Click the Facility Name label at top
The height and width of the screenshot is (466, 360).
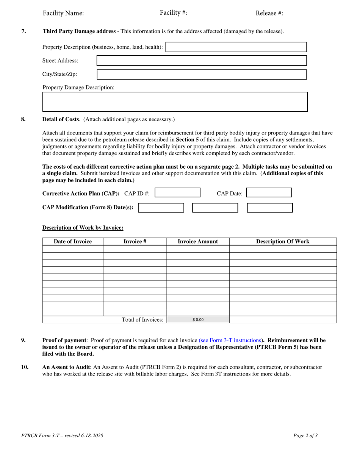click(63, 13)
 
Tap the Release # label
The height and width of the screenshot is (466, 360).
click(269, 13)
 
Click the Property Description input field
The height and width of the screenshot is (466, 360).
click(236, 47)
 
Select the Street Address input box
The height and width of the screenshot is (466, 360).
click(202, 61)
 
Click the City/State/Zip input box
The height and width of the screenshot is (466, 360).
click(202, 74)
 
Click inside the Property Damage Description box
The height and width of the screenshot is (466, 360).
click(175, 102)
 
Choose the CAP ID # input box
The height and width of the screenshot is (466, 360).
click(178, 193)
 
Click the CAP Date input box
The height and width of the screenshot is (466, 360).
click(269, 193)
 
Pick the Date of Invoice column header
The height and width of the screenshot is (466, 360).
click(73, 242)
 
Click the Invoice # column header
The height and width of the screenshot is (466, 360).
click(135, 242)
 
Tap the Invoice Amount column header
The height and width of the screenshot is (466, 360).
click(198, 242)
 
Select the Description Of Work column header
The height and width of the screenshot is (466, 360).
click(283, 242)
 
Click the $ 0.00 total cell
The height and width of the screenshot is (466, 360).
click(198, 320)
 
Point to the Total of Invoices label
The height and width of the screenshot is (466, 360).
click(142, 320)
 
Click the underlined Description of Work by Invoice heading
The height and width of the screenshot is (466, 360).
click(83, 228)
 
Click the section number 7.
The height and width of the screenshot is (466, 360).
click(23, 31)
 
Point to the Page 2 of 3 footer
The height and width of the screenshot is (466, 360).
click(305, 435)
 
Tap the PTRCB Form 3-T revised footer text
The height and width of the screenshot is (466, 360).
click(62, 435)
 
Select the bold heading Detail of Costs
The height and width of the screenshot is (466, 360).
click(61, 119)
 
